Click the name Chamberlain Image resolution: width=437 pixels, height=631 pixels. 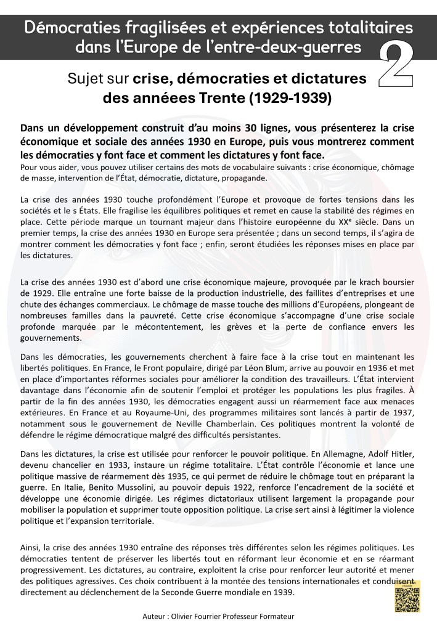[246, 423]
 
